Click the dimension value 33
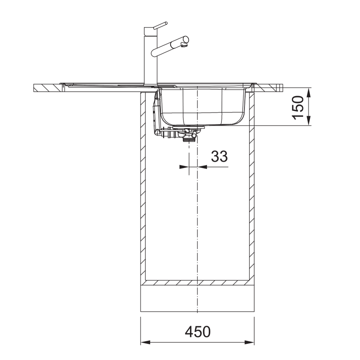tap(219, 156)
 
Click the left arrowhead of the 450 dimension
tap(145, 343)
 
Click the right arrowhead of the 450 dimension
tap(251, 343)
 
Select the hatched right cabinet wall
tap(252, 184)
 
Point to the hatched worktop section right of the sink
tap(271, 88)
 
